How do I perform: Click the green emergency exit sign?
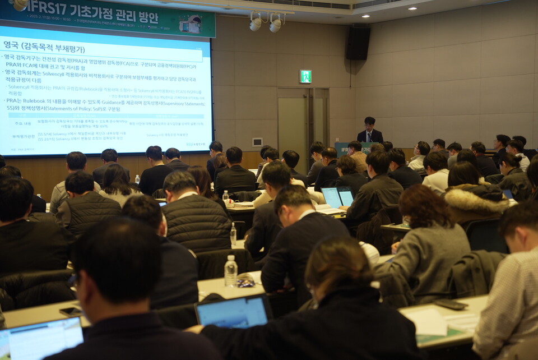(305, 76)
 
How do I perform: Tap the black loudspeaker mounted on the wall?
(358, 43)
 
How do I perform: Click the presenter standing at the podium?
(369, 131)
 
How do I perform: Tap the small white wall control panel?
(257, 142)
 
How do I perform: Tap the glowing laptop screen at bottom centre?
(233, 312)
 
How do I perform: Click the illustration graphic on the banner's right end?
(191, 24)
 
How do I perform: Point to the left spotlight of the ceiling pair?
(256, 24)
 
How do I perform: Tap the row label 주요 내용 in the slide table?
(22, 123)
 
